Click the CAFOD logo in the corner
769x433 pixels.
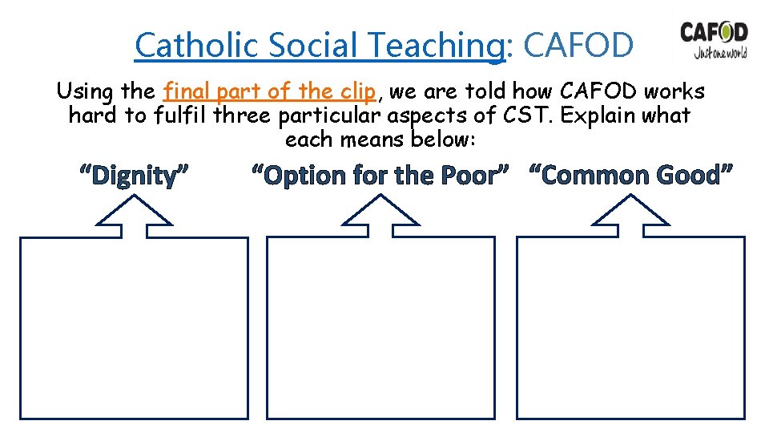click(x=714, y=40)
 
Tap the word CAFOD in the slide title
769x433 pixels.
click(x=578, y=46)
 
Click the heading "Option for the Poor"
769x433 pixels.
click(x=380, y=174)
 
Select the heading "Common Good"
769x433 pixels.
click(x=630, y=174)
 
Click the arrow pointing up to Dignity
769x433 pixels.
click(x=135, y=215)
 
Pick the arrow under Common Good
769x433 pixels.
click(x=631, y=215)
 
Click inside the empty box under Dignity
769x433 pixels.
click(x=134, y=329)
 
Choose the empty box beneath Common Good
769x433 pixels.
click(x=631, y=329)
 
